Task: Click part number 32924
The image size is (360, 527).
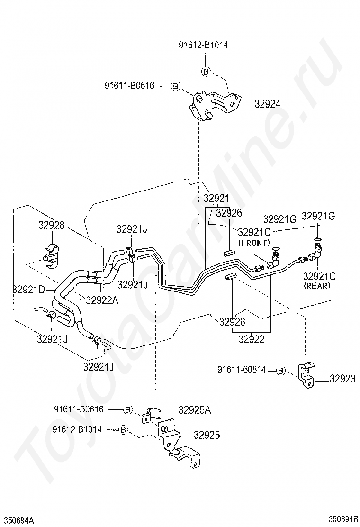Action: (267, 104)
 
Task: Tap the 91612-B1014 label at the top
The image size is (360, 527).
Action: (203, 45)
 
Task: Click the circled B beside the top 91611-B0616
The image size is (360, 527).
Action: (175, 86)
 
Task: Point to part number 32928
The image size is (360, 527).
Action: (51, 225)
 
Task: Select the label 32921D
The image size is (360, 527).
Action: (28, 289)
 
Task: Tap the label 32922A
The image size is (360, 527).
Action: (102, 300)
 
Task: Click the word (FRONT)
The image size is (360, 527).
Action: (254, 242)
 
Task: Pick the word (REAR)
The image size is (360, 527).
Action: (317, 286)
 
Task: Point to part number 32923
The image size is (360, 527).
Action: (342, 379)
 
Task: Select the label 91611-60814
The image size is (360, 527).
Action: (242, 370)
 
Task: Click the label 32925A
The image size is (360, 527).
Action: (195, 409)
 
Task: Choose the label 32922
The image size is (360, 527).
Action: (252, 339)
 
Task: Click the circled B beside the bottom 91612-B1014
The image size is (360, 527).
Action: (124, 429)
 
